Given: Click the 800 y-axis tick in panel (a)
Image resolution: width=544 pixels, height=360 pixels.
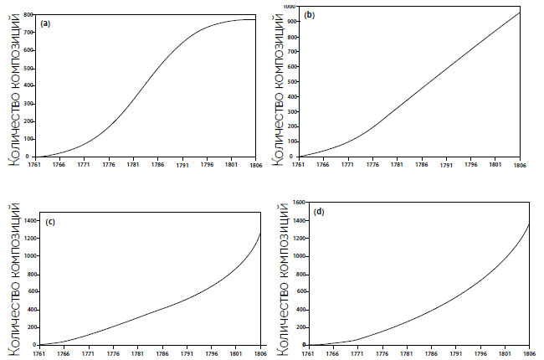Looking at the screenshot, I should click(x=28, y=15).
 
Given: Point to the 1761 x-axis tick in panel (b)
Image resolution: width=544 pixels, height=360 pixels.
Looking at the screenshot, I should click(x=300, y=165).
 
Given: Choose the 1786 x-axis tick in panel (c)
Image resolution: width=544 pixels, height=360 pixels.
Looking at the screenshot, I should click(x=161, y=352).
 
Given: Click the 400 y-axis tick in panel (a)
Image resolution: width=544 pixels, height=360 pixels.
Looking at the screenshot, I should click(x=28, y=85).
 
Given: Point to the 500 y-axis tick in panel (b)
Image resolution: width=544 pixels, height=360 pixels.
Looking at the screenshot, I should click(x=290, y=81).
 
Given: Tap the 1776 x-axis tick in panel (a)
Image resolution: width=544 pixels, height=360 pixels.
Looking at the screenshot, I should click(x=108, y=165).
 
